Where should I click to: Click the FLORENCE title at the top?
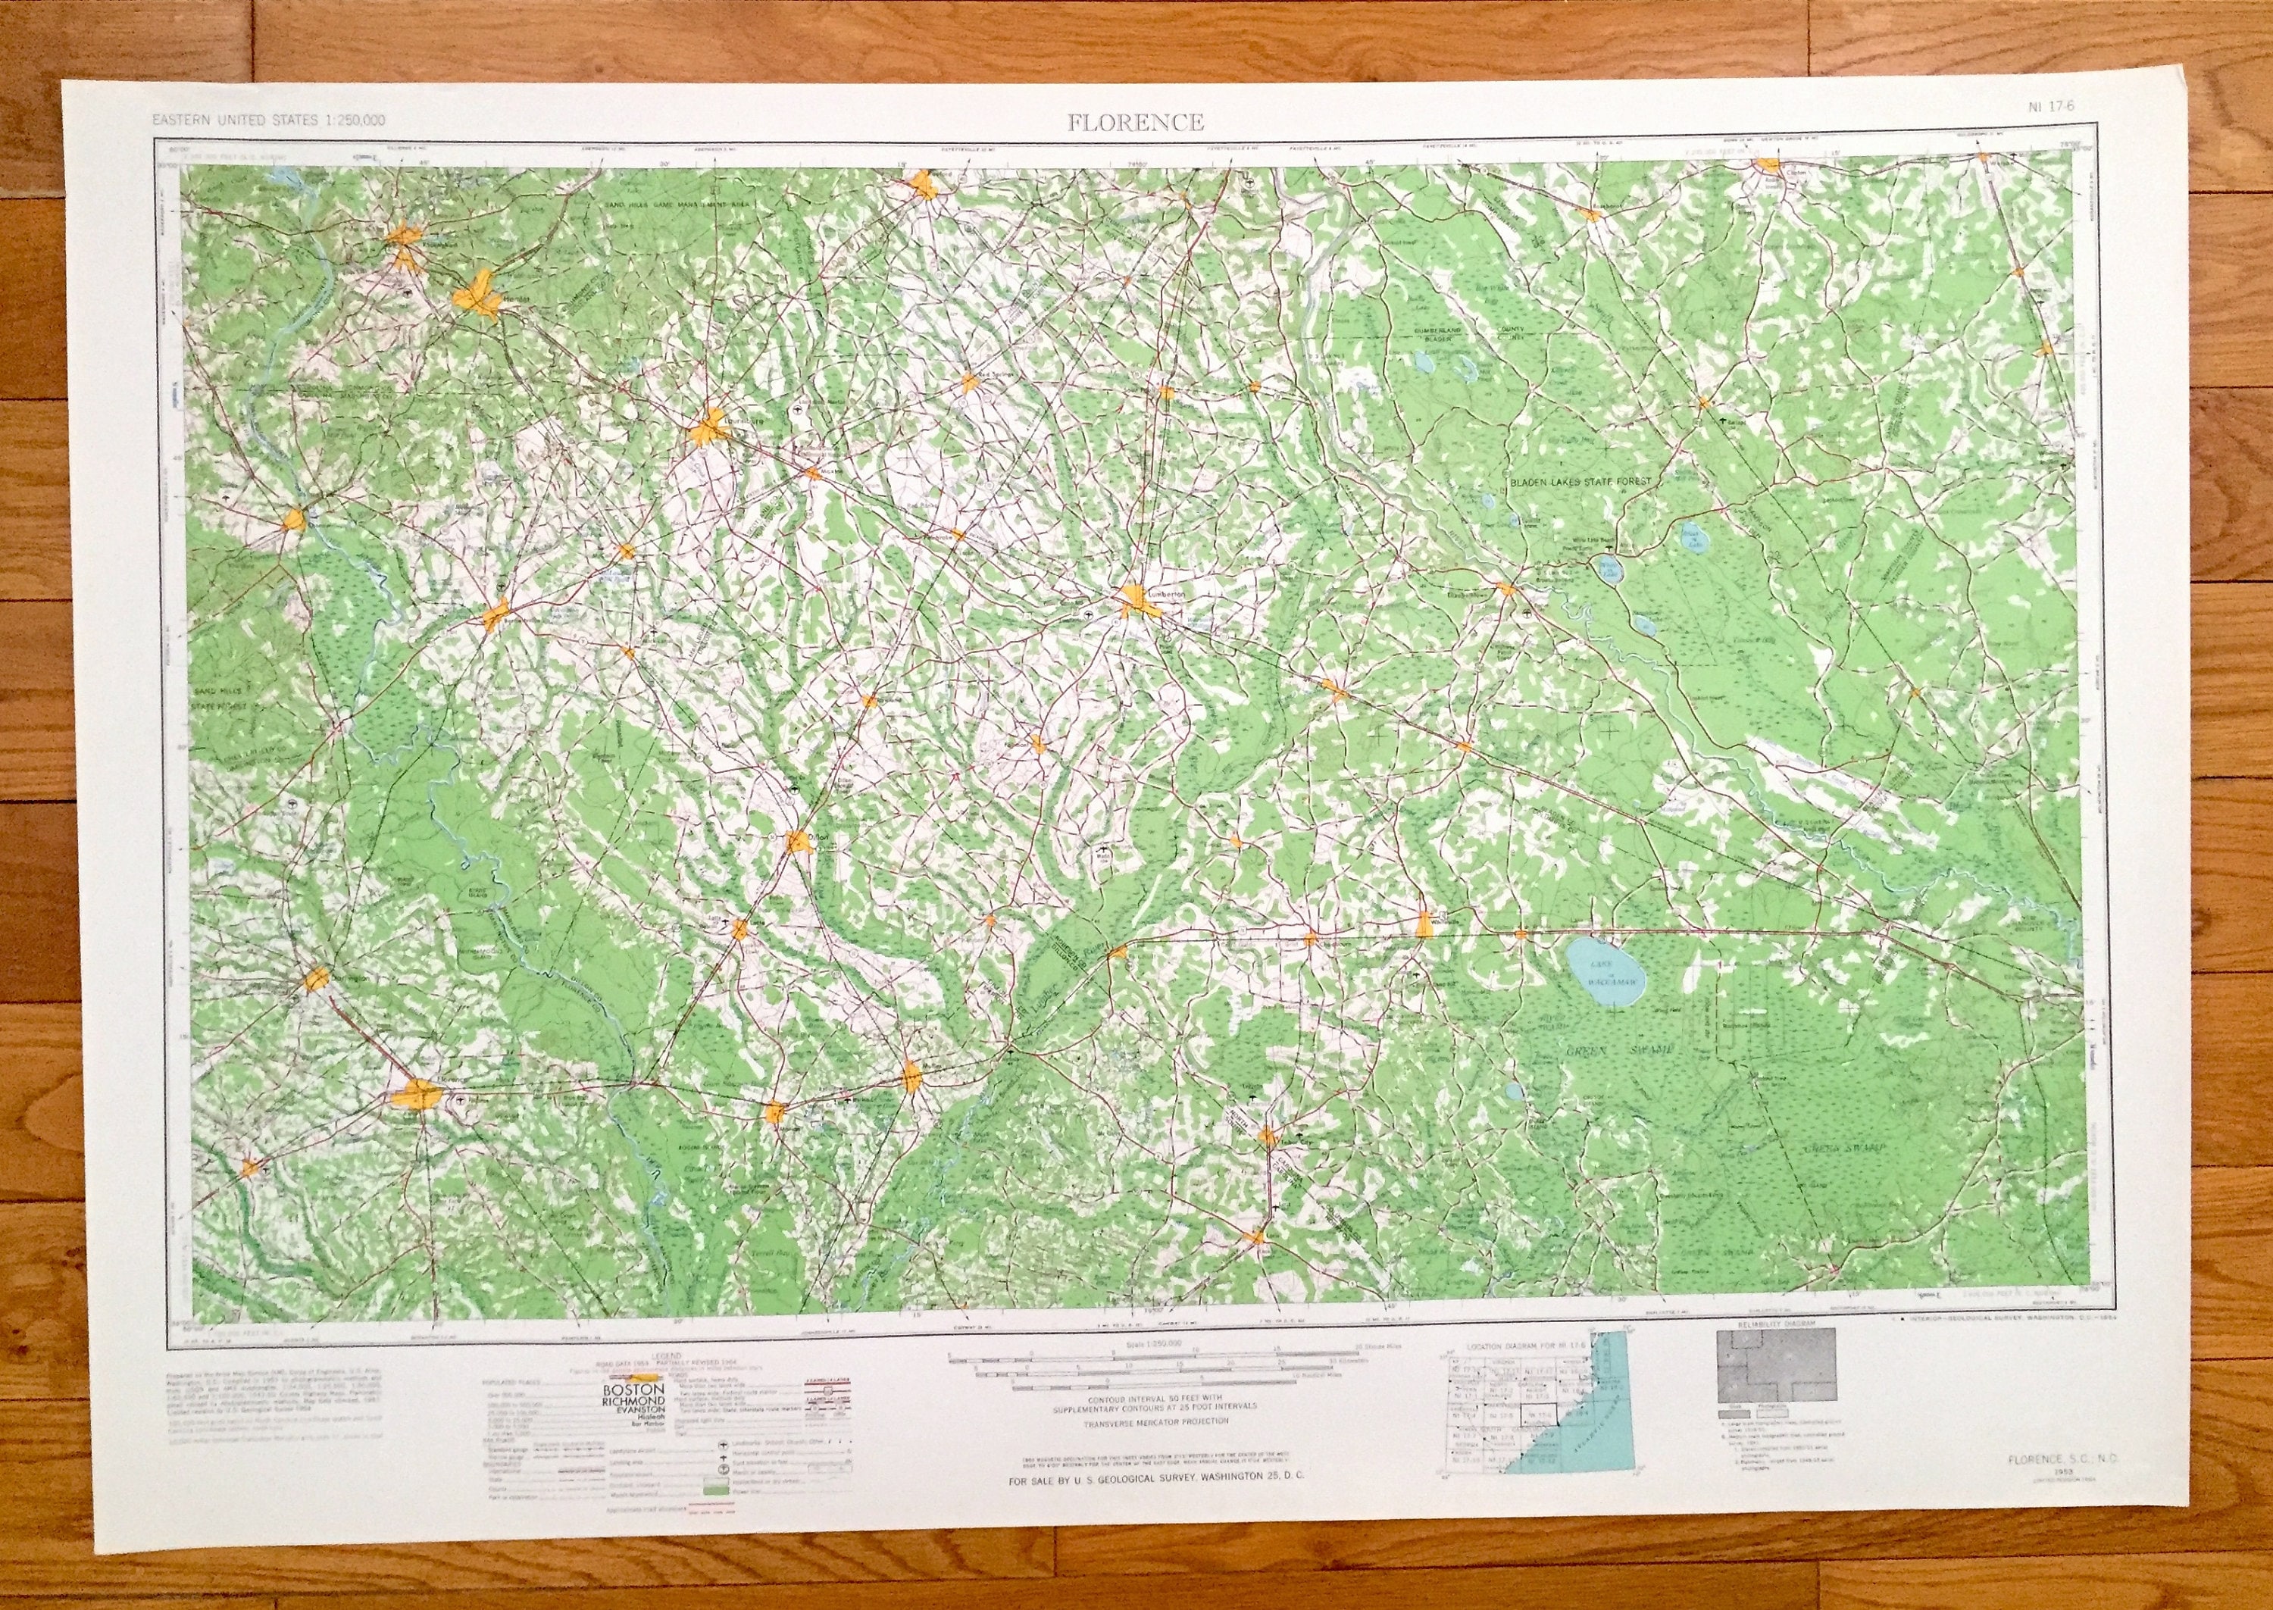tap(1136, 123)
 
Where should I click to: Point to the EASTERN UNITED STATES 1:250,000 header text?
tap(267, 121)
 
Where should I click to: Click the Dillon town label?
tap(817, 839)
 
